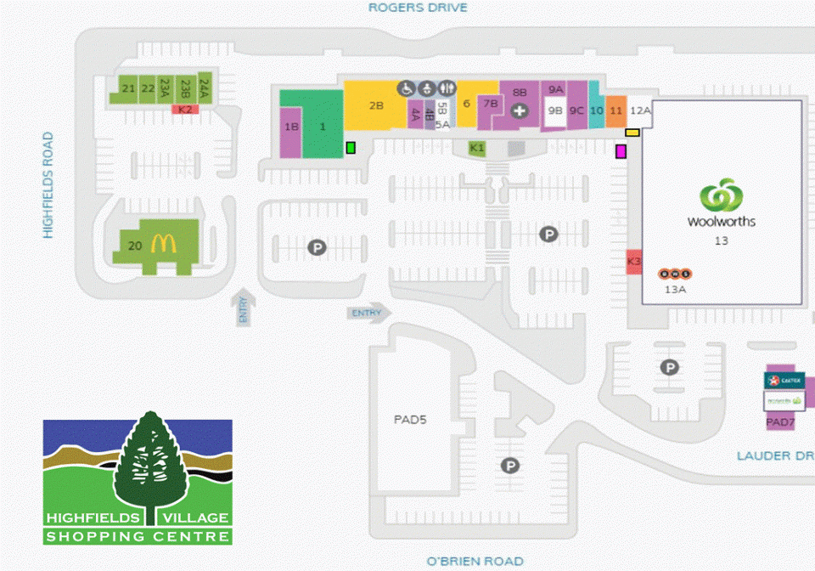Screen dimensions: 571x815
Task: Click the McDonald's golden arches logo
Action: point(162,245)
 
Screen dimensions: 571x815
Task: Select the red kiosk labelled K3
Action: point(634,262)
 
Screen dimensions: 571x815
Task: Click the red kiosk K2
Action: point(185,110)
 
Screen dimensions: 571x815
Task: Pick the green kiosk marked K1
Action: point(477,148)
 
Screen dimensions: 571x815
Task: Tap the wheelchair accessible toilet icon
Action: point(407,88)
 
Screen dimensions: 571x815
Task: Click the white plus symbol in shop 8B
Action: point(520,110)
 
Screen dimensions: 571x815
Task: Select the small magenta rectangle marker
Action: point(621,151)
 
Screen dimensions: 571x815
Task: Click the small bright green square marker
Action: point(350,149)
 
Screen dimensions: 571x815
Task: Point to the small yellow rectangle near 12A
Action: point(632,132)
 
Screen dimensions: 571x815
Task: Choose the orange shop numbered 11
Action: point(616,110)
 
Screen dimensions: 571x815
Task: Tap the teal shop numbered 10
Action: point(597,110)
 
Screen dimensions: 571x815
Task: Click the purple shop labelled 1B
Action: point(291,128)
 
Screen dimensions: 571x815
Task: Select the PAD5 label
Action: point(410,419)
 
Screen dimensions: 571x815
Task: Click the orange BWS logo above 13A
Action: point(675,274)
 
